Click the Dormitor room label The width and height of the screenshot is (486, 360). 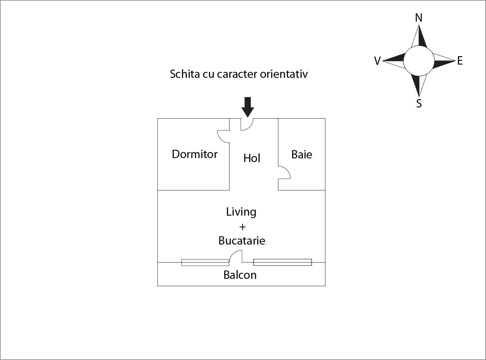[x=195, y=154]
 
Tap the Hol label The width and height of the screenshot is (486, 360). [x=252, y=158]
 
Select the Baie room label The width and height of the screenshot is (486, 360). [x=302, y=154]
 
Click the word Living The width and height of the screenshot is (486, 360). [x=241, y=212]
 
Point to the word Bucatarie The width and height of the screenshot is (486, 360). [x=242, y=241]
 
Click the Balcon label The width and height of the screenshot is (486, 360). [x=240, y=275]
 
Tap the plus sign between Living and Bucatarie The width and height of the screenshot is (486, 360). [x=242, y=227]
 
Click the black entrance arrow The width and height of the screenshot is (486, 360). [x=248, y=107]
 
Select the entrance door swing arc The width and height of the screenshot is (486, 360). [x=247, y=124]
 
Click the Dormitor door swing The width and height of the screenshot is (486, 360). [x=223, y=136]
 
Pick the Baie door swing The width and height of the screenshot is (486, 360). [x=284, y=172]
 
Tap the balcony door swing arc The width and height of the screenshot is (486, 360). [x=236, y=257]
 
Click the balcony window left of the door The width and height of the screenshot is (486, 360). [x=205, y=263]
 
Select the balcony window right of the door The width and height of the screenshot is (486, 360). [x=282, y=262]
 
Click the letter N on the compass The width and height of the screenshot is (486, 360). [x=419, y=18]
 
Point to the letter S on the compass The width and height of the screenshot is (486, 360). [x=419, y=103]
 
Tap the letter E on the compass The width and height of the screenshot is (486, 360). [x=460, y=61]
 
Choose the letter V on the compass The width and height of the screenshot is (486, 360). [x=377, y=61]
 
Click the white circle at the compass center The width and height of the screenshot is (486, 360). [x=419, y=61]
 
